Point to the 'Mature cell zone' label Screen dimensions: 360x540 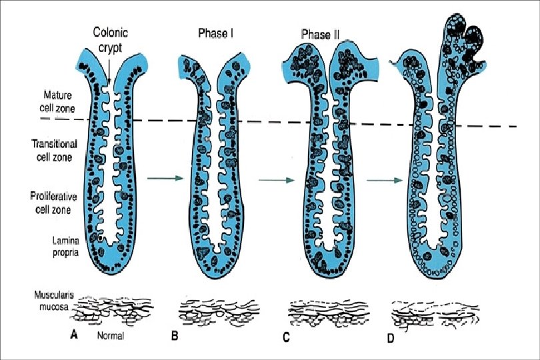click(x=57, y=102)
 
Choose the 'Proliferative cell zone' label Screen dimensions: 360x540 click(x=56, y=201)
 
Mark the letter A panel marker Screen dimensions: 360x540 click(x=74, y=335)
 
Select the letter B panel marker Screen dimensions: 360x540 click(x=175, y=336)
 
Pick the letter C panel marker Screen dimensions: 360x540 click(x=285, y=336)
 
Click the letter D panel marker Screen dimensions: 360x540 click(x=391, y=335)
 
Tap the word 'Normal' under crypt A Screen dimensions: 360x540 click(x=111, y=336)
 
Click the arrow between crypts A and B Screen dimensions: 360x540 click(x=165, y=178)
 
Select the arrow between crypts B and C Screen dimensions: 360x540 click(x=276, y=180)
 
